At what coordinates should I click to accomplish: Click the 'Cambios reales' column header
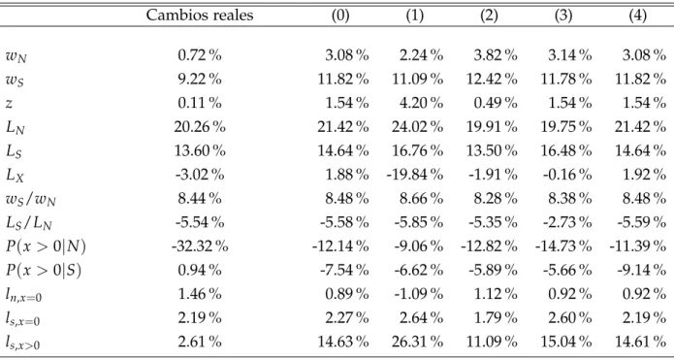pos(200,16)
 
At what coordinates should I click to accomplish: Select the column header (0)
pos(340,16)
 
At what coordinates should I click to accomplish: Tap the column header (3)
pos(563,16)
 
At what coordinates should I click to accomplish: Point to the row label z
pos(9,104)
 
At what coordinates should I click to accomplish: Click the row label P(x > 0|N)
pos(46,246)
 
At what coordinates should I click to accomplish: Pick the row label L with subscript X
pos(16,176)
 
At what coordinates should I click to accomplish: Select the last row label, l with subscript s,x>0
pos(23,343)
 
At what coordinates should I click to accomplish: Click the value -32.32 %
pos(200,246)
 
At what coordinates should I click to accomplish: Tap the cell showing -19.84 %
pos(414,175)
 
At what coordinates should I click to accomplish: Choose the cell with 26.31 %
pos(417,342)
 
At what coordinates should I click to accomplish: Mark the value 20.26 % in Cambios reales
pos(200,127)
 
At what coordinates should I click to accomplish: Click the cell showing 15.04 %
pos(565,342)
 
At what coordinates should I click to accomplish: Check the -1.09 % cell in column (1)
pos(417,294)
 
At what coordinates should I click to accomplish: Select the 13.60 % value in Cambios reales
pos(200,151)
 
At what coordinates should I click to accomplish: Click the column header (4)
pos(637,16)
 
